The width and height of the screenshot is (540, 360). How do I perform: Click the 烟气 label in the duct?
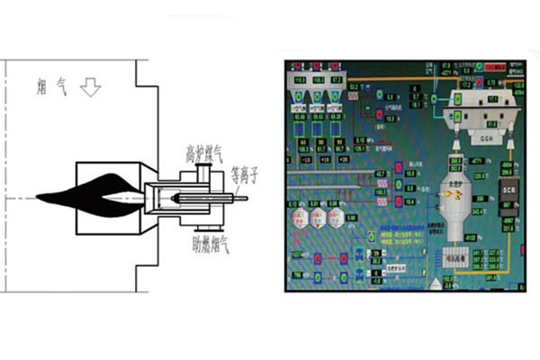click(52, 87)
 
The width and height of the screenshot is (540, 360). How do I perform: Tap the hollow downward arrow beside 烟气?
click(91, 87)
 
